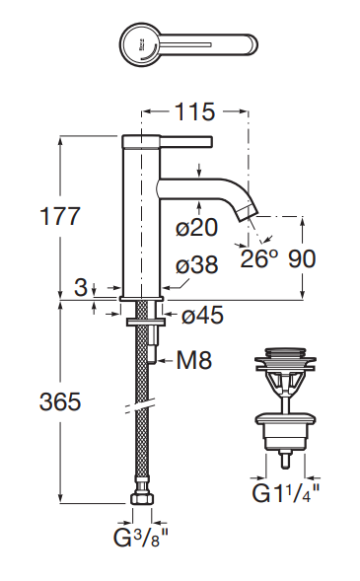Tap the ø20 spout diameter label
coord(196,229)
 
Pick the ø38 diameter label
coord(196,266)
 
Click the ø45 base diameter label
coord(202,317)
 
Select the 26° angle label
coord(259,258)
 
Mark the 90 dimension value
coord(304,258)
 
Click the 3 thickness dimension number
coord(80,288)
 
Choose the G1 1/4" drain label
coord(287,491)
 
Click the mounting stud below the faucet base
coord(154,344)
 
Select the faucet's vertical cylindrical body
coord(140,217)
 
